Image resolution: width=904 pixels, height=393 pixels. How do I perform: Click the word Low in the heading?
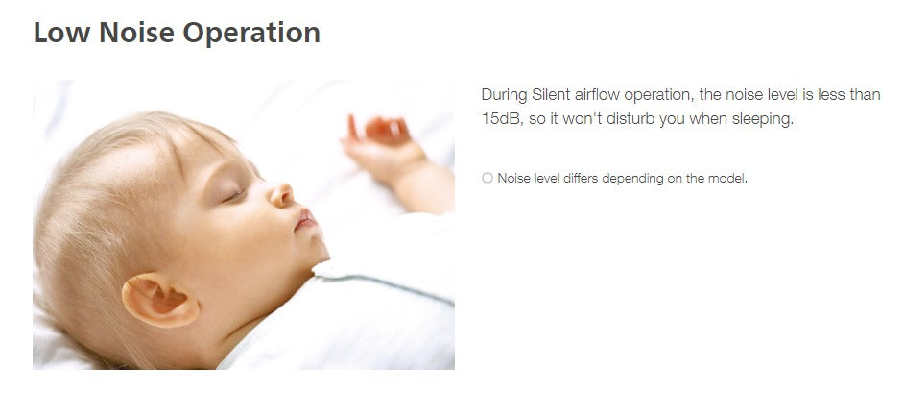pyautogui.click(x=61, y=33)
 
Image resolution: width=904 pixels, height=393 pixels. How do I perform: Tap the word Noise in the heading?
pyautogui.click(x=136, y=33)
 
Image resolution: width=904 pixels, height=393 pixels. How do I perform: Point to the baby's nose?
pyautogui.click(x=282, y=194)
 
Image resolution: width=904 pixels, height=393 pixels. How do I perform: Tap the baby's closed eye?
pyautogui.click(x=235, y=196)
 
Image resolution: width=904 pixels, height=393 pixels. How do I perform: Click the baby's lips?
pyautogui.click(x=305, y=220)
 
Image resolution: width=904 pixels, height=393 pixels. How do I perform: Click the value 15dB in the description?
pyautogui.click(x=501, y=120)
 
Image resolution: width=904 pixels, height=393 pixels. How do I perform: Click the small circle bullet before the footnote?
pyautogui.click(x=488, y=178)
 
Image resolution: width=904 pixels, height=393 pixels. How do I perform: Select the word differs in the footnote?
pyautogui.click(x=582, y=179)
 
